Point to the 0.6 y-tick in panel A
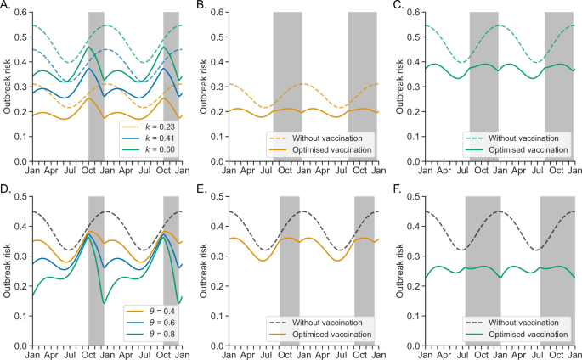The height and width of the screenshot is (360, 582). pos(18,13)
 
